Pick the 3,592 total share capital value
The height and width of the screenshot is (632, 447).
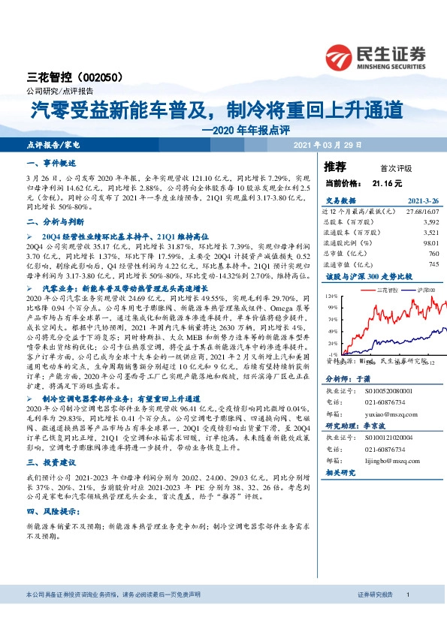pos(429,222)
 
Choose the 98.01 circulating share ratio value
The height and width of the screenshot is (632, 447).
pos(429,242)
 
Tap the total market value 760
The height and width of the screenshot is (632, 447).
pos(431,253)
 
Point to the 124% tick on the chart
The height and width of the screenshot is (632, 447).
pos(333,296)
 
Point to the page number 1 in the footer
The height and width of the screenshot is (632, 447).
pos(407,615)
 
